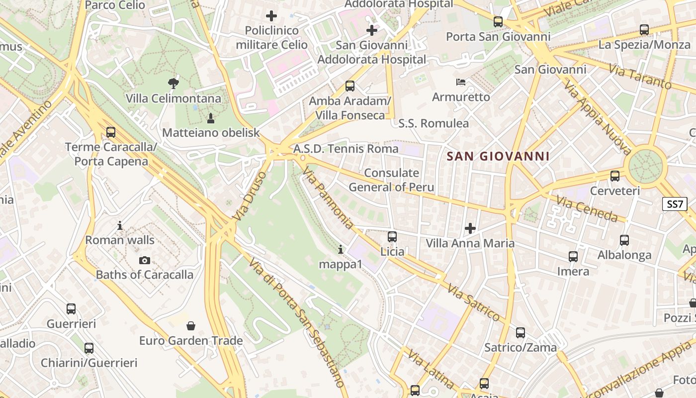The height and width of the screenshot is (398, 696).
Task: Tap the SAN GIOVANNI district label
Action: pyautogui.click(x=498, y=156)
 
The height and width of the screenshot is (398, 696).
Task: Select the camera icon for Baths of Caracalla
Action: pyautogui.click(x=145, y=260)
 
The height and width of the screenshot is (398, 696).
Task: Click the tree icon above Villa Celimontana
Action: pyautogui.click(x=173, y=83)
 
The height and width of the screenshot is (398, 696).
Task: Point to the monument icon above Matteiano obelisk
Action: pyautogui.click(x=211, y=118)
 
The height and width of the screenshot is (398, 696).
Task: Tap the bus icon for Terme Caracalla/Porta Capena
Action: pyautogui.click(x=111, y=132)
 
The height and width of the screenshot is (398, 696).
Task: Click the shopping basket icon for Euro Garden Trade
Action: pyautogui.click(x=190, y=326)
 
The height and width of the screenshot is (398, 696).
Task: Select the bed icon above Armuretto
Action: pyautogui.click(x=461, y=82)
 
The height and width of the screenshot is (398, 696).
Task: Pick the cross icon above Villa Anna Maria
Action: pyautogui.click(x=470, y=228)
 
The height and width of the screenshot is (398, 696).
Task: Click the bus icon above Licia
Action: pyautogui.click(x=392, y=236)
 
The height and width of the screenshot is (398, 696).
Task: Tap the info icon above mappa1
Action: pyautogui.click(x=341, y=249)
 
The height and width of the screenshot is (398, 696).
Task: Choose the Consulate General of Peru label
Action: pyautogui.click(x=391, y=180)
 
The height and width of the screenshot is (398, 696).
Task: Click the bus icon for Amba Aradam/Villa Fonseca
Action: pyautogui.click(x=350, y=86)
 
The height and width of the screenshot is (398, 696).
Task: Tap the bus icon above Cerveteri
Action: pyautogui.click(x=615, y=176)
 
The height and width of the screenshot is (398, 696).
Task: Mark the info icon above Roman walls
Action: pyautogui.click(x=120, y=225)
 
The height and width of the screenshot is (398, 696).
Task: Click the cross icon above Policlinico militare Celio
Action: pyautogui.click(x=271, y=16)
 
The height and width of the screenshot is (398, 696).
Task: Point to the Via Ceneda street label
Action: pyautogui.click(x=587, y=209)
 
